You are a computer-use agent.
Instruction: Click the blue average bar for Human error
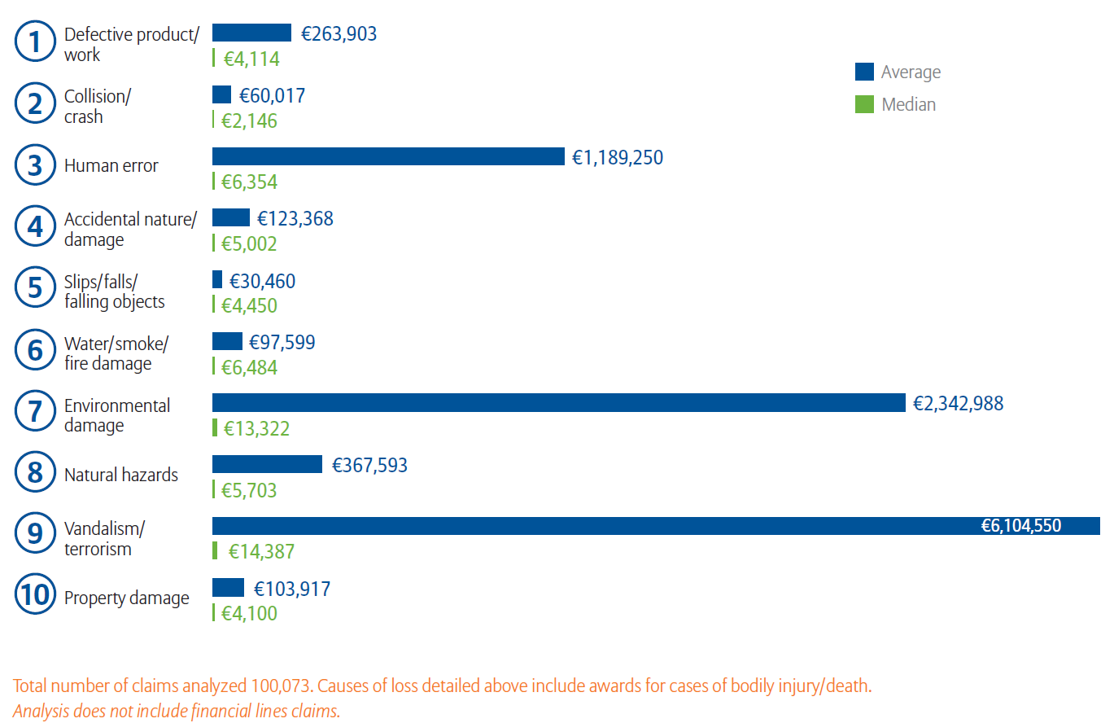pos(388,156)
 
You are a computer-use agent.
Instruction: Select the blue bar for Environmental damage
pos(558,403)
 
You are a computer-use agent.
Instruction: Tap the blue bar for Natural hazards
pos(267,464)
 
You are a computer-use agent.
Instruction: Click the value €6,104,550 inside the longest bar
pos(1020,526)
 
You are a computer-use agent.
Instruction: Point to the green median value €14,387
pos(261,552)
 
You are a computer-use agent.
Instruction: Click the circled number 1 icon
pos(34,42)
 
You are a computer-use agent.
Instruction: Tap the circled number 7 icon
pos(34,412)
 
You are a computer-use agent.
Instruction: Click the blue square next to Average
pos(864,72)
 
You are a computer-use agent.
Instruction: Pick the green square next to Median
pos(864,104)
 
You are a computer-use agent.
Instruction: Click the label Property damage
pos(126,598)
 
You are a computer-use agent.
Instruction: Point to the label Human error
pos(111,166)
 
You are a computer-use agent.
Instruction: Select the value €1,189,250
pos(618,157)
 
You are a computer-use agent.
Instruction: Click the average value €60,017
pos(272,95)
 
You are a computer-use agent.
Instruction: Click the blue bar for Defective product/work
pos(251,33)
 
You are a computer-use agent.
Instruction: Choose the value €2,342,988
pos(958,403)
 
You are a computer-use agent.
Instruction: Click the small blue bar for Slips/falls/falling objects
pos(217,279)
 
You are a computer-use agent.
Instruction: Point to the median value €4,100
pos(250,613)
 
